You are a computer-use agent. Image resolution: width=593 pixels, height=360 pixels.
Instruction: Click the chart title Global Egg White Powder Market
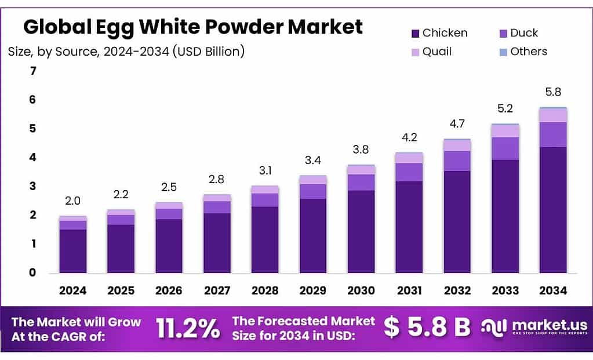[193, 27]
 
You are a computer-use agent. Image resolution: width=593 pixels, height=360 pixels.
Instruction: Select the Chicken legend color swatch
[414, 33]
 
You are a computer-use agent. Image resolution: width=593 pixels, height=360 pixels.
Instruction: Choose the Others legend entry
[522, 52]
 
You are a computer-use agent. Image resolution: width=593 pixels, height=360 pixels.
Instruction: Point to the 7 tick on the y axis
[33, 71]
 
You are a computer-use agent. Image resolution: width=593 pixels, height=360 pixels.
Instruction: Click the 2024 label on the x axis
[73, 290]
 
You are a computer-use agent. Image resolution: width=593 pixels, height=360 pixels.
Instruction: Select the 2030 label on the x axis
[361, 290]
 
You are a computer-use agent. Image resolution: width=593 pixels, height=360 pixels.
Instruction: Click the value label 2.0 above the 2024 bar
[73, 201]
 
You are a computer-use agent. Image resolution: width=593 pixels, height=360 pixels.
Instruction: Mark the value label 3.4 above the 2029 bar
[313, 160]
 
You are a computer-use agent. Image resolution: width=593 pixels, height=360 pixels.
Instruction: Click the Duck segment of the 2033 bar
[505, 148]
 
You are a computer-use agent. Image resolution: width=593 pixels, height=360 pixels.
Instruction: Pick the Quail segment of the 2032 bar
[457, 146]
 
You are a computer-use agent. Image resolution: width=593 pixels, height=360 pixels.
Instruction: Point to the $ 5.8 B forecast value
[427, 328]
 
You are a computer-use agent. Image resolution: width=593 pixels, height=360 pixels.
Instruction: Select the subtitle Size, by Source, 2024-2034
[126, 52]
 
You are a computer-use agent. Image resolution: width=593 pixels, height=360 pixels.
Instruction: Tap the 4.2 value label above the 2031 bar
[409, 137]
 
